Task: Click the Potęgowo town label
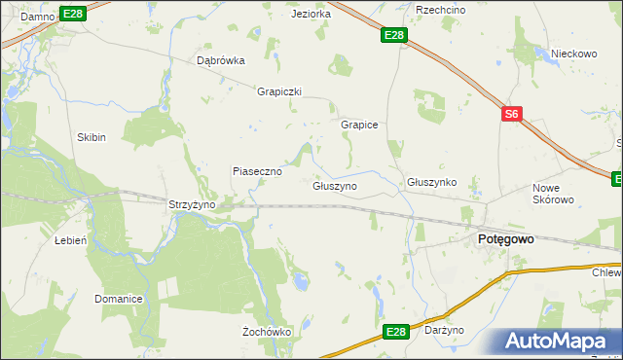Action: point(502,238)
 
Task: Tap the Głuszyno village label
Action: point(335,185)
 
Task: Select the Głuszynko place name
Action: point(431,182)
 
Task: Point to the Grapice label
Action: point(358,126)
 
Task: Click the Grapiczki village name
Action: point(279,92)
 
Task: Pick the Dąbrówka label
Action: point(221,60)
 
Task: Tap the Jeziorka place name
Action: point(311,15)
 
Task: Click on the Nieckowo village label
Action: point(573,54)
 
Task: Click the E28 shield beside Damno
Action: point(72,13)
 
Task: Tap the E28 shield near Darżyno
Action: point(394,333)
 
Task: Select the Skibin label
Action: point(92,138)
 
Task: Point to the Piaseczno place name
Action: point(257,171)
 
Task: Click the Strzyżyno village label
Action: point(191,205)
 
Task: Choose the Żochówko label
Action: point(267,332)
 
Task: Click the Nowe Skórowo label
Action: point(554,194)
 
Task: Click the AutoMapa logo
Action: point(561,342)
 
